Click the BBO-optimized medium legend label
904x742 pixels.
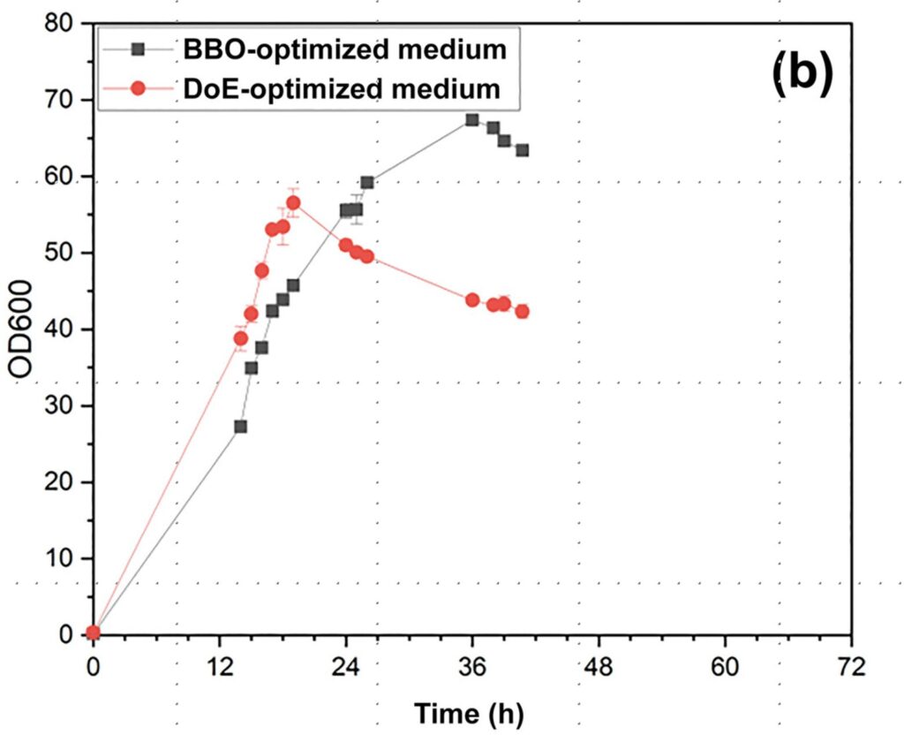(x=345, y=49)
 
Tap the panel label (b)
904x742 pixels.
(x=802, y=74)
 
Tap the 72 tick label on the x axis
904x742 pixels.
(x=851, y=664)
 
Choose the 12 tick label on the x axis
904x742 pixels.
(x=220, y=664)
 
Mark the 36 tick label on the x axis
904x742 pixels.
(x=472, y=664)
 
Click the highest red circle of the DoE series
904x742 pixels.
(x=293, y=203)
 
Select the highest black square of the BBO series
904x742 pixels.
(x=472, y=119)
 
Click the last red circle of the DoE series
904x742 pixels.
(x=522, y=311)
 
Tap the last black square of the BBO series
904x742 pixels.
(x=522, y=150)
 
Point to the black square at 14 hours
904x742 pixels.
(x=240, y=427)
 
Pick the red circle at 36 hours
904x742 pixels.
(x=472, y=300)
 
